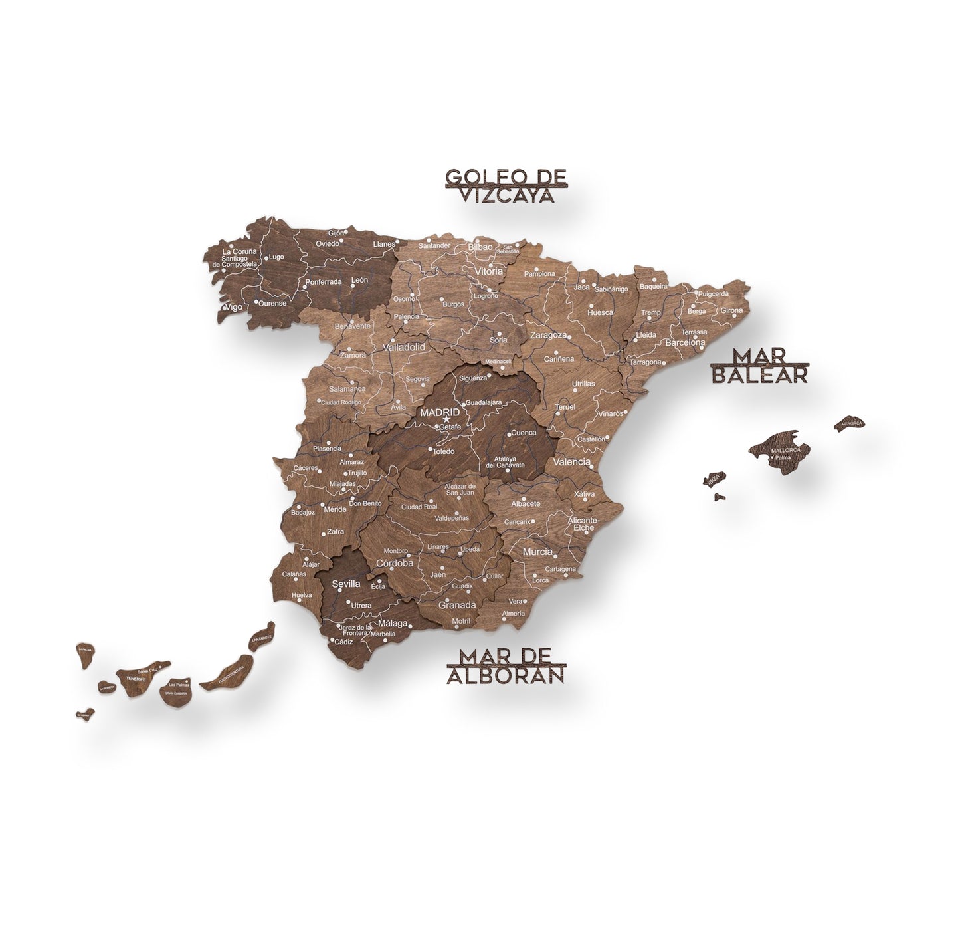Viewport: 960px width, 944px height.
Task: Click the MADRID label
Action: pyautogui.click(x=439, y=412)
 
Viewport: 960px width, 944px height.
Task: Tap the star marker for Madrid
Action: pyautogui.click(x=446, y=419)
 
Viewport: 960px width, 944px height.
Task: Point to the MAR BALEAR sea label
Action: pyautogui.click(x=759, y=366)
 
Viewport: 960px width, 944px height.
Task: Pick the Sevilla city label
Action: pyautogui.click(x=345, y=584)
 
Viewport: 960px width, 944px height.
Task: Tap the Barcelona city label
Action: pyautogui.click(x=684, y=342)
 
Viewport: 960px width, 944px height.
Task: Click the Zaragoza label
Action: pyautogui.click(x=548, y=335)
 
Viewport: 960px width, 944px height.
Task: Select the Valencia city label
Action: pyautogui.click(x=571, y=461)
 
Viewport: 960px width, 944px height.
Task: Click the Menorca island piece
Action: pyautogui.click(x=850, y=423)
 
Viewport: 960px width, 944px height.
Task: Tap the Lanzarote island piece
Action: pyautogui.click(x=262, y=636)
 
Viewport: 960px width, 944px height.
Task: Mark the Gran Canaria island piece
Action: pyautogui.click(x=177, y=691)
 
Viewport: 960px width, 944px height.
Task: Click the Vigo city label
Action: pyautogui.click(x=233, y=307)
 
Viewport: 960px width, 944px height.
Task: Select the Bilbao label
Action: pyautogui.click(x=480, y=247)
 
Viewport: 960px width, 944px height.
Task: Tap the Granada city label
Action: pyautogui.click(x=457, y=605)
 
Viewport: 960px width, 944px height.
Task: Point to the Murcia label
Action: pyautogui.click(x=537, y=552)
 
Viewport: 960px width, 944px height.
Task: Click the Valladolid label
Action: pyautogui.click(x=403, y=347)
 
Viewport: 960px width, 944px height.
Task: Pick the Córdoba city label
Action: pyautogui.click(x=395, y=562)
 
